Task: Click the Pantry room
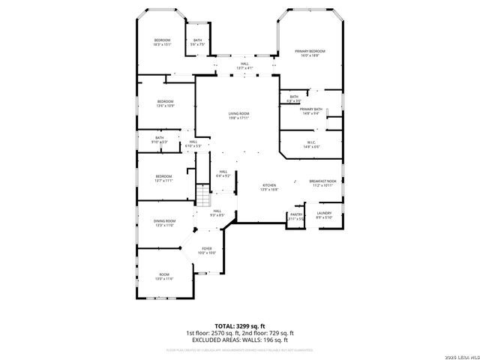[295, 217]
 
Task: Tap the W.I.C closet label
[311, 144]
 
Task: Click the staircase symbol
[202, 196]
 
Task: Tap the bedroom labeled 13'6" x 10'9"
[165, 103]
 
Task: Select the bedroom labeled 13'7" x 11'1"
[163, 178]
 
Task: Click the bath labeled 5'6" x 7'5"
[197, 42]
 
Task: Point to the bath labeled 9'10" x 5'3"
[160, 139]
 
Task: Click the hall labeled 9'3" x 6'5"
[217, 213]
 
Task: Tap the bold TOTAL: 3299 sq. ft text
[239, 326]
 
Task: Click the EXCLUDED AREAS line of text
[239, 340]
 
